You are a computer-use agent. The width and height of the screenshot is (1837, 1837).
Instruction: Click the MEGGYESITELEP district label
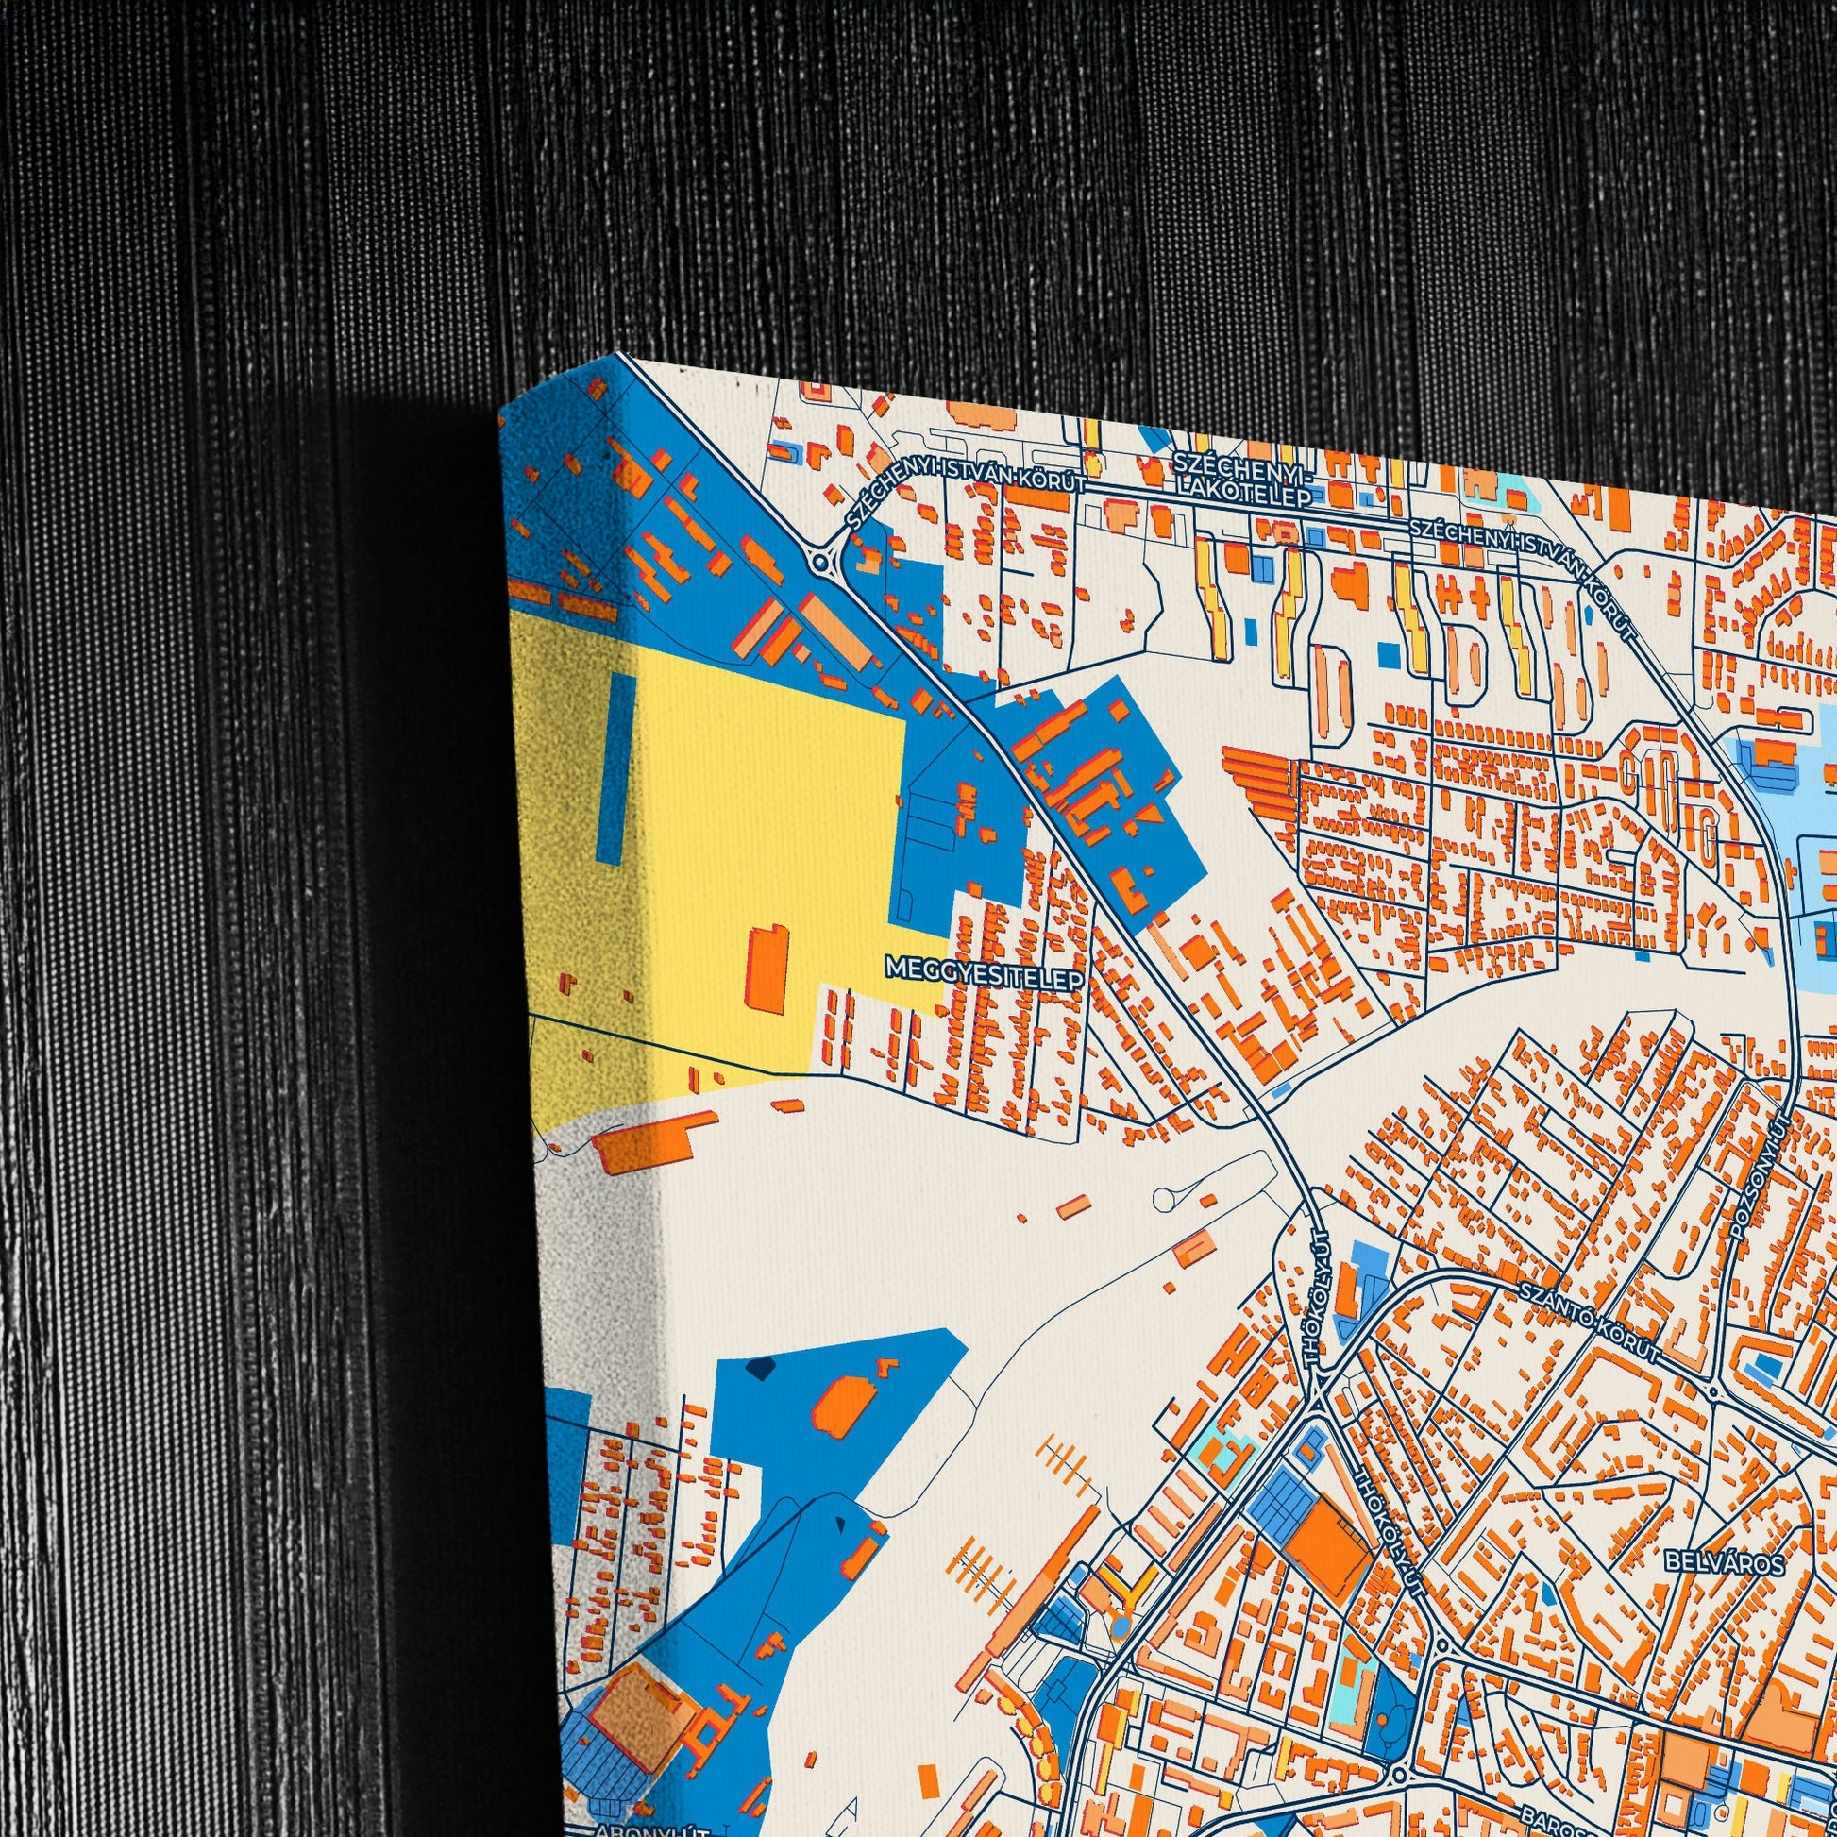pyautogui.click(x=984, y=967)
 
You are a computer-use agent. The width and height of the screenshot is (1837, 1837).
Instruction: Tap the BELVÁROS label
pyautogui.click(x=1724, y=1560)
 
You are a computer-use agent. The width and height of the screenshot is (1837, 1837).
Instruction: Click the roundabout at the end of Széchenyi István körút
pyautogui.click(x=818, y=563)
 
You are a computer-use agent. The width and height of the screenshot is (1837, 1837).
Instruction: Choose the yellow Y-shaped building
pyautogui.click(x=1121, y=1581)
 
